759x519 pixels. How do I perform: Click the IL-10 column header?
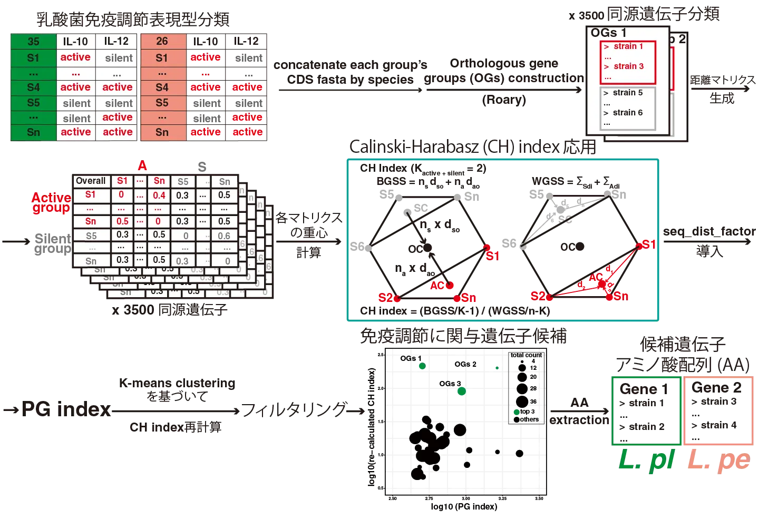(75, 42)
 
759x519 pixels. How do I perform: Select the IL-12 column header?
(116, 42)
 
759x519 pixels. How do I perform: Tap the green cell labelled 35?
(33, 42)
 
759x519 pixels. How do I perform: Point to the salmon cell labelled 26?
(162, 42)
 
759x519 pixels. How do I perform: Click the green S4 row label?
(33, 87)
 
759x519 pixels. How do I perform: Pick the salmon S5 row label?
(162, 103)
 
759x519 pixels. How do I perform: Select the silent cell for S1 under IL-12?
(119, 58)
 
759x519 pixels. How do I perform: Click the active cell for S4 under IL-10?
(75, 87)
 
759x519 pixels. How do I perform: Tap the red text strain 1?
(628, 46)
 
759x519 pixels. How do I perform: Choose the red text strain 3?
(628, 66)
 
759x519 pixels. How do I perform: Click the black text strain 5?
(627, 93)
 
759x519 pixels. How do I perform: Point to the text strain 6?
(627, 113)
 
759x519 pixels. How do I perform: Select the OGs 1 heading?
(608, 33)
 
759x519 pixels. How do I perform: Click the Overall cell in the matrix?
(91, 181)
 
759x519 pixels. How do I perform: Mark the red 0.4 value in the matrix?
(159, 195)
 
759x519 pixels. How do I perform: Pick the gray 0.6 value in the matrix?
(224, 236)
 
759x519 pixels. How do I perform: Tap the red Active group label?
(51, 203)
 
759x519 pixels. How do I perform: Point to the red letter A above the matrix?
(142, 167)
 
